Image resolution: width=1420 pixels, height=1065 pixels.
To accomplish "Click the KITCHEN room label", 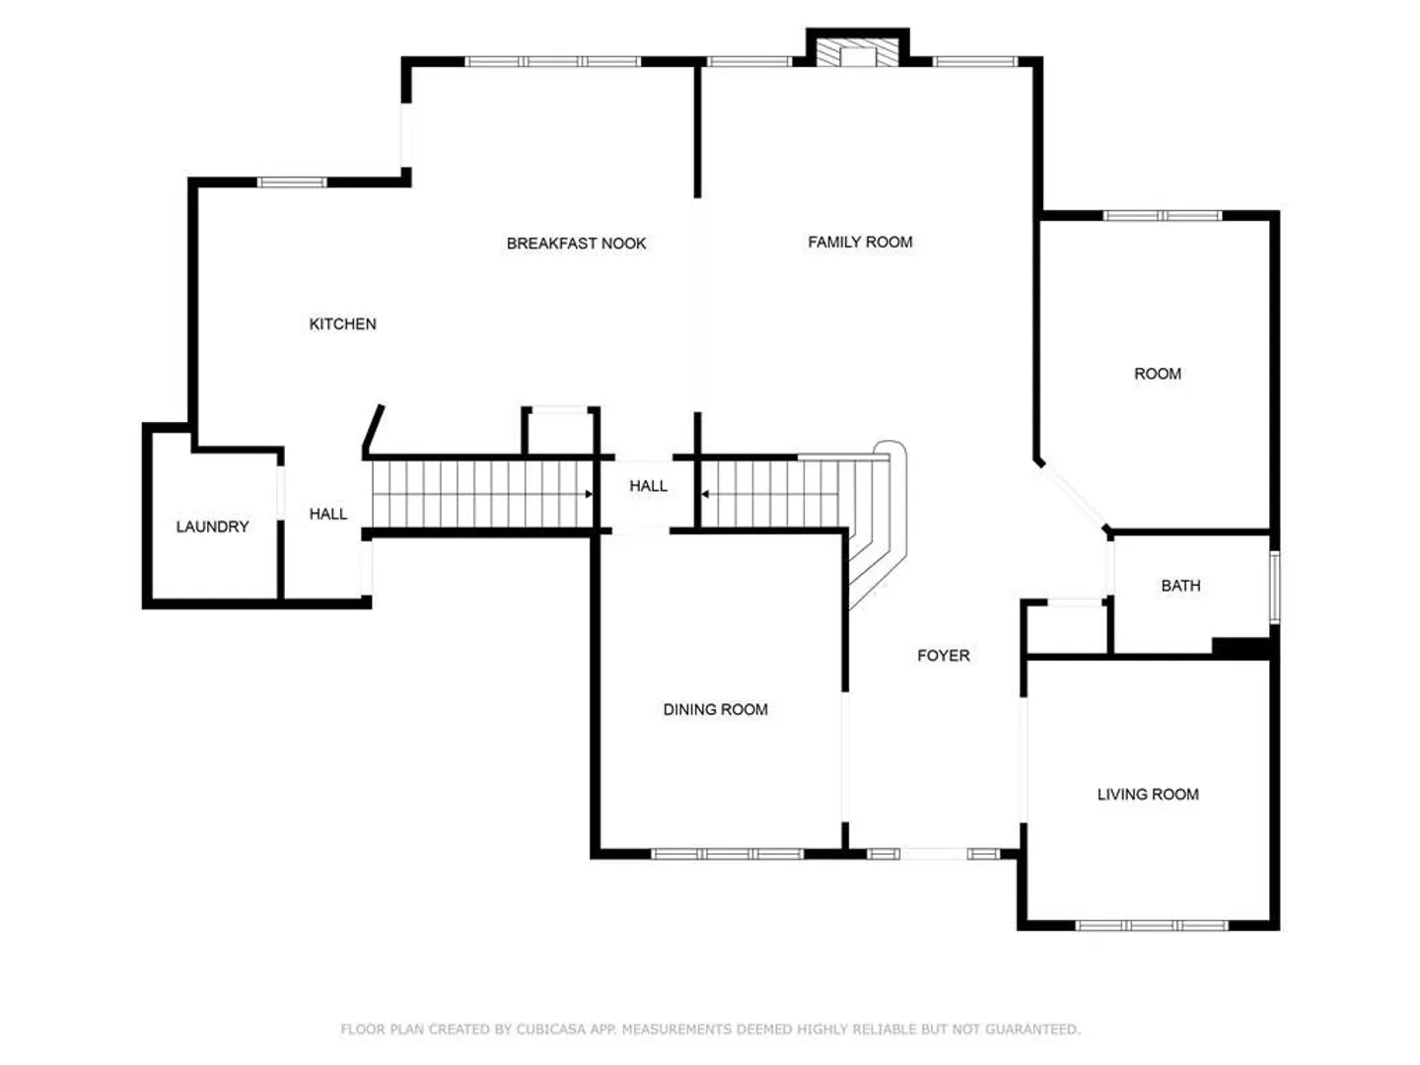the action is (342, 324).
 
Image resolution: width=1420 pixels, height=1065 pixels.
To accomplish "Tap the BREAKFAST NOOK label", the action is (576, 244).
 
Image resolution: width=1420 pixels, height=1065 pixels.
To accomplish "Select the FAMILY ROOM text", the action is (860, 242).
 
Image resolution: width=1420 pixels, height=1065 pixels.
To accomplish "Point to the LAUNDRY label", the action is (212, 527).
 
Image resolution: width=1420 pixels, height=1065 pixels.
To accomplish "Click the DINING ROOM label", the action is (716, 709).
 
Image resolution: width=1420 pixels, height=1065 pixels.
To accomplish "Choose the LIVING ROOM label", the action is (1148, 794).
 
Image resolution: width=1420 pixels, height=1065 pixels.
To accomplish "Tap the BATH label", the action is (1180, 586).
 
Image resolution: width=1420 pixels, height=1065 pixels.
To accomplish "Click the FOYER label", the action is (944, 656).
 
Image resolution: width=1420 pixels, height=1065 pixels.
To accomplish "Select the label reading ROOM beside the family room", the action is (1158, 374).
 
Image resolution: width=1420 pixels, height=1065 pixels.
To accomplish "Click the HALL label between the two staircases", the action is (648, 485).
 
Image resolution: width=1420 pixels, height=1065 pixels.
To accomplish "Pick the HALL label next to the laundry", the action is (328, 514).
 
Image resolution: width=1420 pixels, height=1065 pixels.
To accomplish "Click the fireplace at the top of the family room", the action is (857, 52).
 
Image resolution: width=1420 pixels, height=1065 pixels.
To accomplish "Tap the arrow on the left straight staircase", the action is (589, 494).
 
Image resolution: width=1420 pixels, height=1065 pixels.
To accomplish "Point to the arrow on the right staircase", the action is (705, 494).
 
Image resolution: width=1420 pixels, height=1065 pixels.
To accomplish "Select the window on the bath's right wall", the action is (1274, 587).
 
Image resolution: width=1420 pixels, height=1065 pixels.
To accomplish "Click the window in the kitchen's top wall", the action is (292, 182).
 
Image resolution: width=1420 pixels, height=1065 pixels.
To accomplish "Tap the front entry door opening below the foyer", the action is (934, 854).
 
